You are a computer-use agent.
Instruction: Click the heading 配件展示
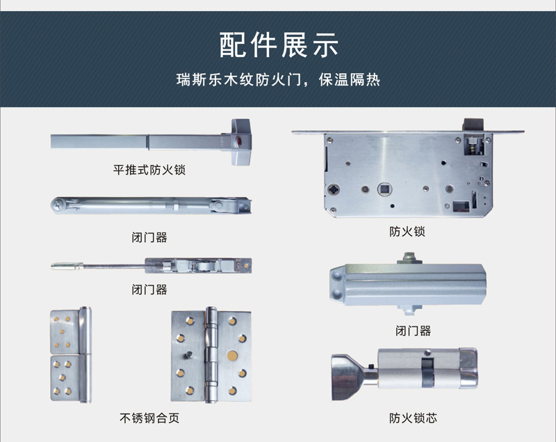coord(279,45)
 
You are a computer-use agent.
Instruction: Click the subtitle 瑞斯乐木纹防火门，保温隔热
coord(279,80)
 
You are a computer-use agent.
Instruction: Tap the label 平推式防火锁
coord(149,170)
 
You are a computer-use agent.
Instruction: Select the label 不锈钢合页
coord(149,418)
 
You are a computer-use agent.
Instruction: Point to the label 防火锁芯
coord(413,418)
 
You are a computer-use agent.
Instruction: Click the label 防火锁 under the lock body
coord(407,232)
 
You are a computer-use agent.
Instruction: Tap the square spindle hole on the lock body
coord(384,189)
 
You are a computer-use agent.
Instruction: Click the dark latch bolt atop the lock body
coord(473,125)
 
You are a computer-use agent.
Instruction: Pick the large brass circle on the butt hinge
coord(233,355)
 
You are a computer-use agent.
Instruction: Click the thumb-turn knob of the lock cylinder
coord(345,377)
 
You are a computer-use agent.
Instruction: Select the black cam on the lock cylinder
coord(427,372)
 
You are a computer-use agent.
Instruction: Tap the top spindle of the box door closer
coord(410,258)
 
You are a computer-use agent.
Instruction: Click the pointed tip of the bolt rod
coord(52,266)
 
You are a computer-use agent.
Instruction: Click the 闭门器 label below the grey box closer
coord(413,331)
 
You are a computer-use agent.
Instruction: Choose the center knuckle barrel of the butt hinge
coord(211,355)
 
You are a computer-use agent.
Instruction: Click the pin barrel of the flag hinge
coord(85,355)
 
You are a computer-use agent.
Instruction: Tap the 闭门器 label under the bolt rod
coord(149,290)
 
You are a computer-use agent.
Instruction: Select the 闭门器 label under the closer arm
coord(149,237)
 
